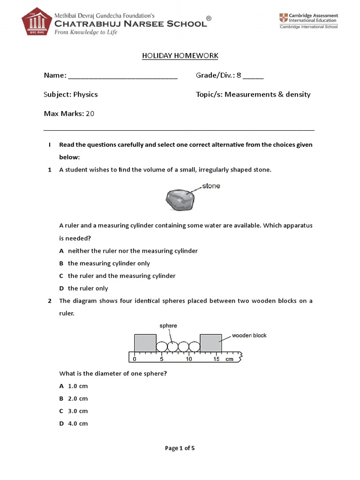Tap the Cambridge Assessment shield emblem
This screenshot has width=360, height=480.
point(284,18)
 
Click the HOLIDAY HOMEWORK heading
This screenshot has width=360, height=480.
point(180,56)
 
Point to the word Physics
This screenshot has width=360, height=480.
point(85,94)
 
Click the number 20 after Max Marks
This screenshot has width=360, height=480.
point(90,113)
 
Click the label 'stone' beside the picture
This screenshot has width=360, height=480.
point(211,186)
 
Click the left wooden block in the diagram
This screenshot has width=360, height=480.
point(145,343)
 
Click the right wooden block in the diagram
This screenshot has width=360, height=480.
point(210,343)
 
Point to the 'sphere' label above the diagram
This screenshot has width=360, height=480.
point(168,325)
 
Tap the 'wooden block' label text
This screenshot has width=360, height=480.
point(249,336)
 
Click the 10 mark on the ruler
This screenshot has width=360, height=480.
point(188,359)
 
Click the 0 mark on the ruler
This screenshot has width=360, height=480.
point(135,359)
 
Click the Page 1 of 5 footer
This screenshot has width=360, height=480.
point(180,448)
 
